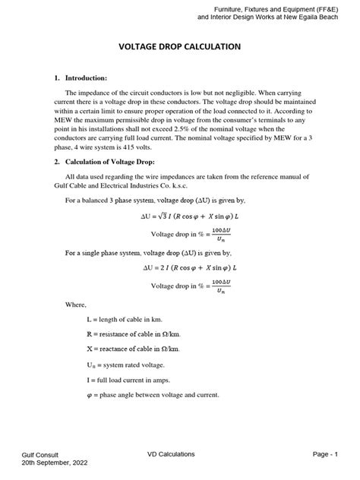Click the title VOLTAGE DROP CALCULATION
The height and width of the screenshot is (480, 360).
point(180,47)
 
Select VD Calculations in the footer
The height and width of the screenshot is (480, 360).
point(171,454)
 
